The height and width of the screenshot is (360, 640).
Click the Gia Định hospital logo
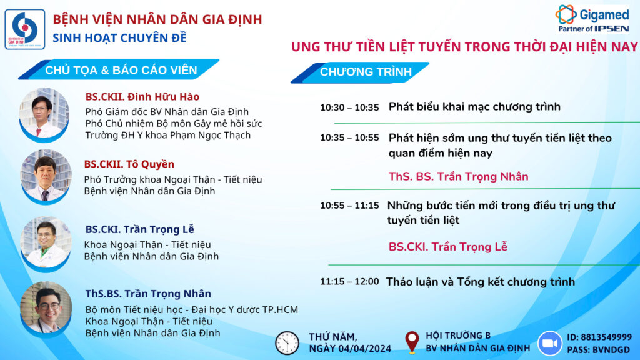25,29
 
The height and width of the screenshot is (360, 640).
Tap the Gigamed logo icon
566,14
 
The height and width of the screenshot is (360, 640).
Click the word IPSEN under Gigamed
611,29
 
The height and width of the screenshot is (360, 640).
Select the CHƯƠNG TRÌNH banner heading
366,72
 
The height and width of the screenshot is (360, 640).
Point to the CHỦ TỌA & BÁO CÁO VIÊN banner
121,70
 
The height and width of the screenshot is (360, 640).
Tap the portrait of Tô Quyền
46,176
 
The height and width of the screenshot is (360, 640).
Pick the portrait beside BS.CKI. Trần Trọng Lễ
46,244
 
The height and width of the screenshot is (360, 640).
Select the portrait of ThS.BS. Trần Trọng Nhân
46,308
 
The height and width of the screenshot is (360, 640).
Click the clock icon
287,343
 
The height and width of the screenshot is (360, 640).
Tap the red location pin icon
412,342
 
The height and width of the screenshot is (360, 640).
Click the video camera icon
550,343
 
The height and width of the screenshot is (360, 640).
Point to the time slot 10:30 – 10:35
349,107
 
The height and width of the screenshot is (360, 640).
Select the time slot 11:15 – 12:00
349,282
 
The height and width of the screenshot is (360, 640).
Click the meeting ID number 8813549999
606,337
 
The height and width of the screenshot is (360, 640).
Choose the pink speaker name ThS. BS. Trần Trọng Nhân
458,177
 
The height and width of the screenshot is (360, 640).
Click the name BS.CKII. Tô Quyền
129,164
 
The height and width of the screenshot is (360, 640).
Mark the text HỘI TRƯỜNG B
458,336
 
